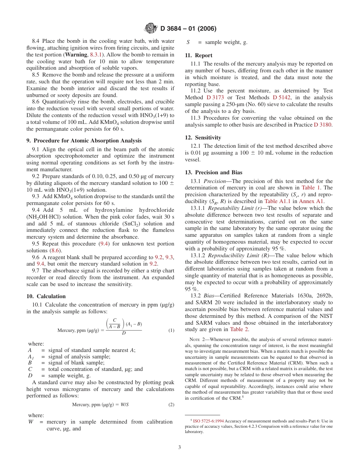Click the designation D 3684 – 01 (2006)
pyautogui.click(x=188, y=28)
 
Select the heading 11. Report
pyautogui.click(x=199, y=55)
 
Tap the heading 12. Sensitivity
pyautogui.click(x=203, y=138)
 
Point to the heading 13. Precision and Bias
pyautogui.click(x=213, y=172)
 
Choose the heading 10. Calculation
pyautogui.click(x=46, y=296)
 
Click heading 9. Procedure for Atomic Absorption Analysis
pyautogui.click(x=84, y=141)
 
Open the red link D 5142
pyautogui.click(x=281, y=97)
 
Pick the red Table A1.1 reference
pyautogui.click(x=276, y=201)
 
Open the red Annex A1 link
pyautogui.click(x=311, y=201)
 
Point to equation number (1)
pyautogui.click(x=171, y=330)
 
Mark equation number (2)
pyautogui.click(x=171, y=405)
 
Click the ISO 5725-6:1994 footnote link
pyautogui.click(x=208, y=421)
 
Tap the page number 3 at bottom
pyautogui.click(x=180, y=447)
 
